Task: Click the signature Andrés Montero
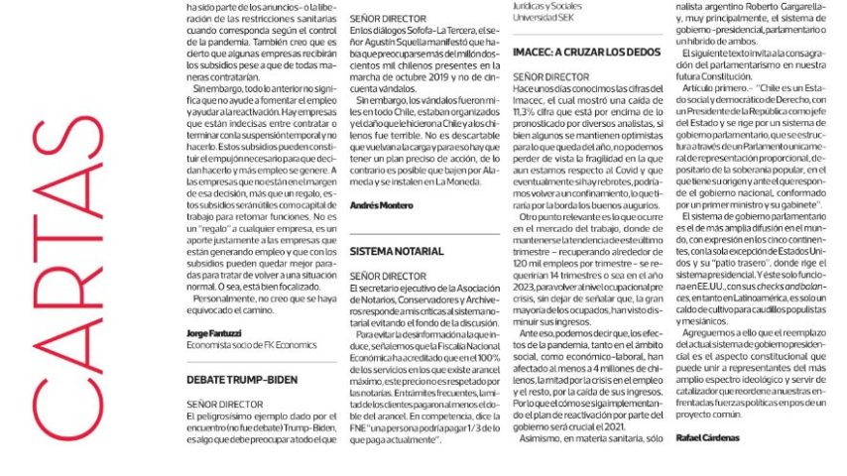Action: (383, 204)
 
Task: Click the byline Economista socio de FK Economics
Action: (243, 345)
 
